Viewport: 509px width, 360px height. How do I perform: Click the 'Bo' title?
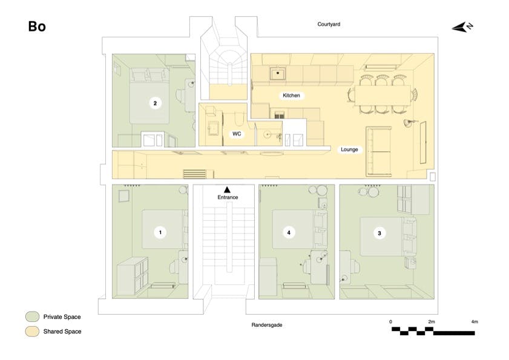point(37,27)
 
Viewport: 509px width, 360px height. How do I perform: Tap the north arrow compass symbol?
point(462,27)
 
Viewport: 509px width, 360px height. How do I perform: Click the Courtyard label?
point(329,24)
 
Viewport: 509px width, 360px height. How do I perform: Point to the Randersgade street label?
point(267,325)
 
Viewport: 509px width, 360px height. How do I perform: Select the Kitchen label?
point(291,96)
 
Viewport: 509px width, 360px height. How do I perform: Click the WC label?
point(237,134)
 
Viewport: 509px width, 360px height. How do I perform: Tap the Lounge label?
point(349,149)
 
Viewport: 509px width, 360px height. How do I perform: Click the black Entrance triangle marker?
point(227,189)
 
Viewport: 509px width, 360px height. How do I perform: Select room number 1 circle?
point(160,232)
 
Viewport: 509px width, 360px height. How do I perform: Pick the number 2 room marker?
point(155,103)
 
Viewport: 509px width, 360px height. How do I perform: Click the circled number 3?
point(379,233)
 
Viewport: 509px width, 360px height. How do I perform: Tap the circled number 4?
point(289,232)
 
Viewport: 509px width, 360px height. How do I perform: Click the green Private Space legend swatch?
point(32,317)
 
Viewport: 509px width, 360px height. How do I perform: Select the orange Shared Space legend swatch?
point(32,332)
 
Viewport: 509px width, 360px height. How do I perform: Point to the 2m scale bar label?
point(432,322)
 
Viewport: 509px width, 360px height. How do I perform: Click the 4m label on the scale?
point(475,322)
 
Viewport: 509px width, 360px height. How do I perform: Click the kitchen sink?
point(278,74)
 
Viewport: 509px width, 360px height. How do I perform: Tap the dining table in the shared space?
point(383,95)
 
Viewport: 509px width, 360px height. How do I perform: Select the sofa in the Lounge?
point(379,151)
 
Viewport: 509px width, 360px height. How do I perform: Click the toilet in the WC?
point(239,119)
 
